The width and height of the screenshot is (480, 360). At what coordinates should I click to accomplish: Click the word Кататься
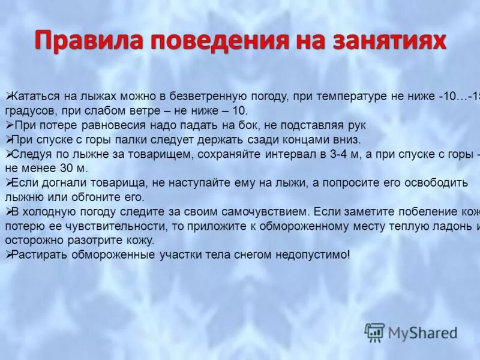point(33,97)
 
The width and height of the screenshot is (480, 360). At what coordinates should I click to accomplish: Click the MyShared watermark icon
point(374,331)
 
